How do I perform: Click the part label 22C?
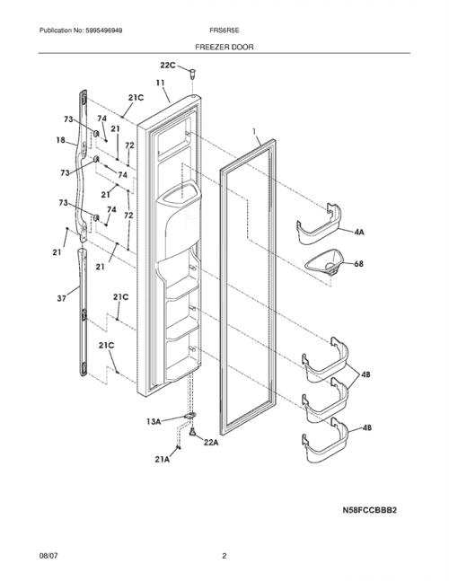(167, 66)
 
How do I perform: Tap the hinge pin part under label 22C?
(193, 74)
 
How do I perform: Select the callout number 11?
(160, 83)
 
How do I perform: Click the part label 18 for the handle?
(61, 140)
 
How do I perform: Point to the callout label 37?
(61, 298)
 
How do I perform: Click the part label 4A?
(359, 233)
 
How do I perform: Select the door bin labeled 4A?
(319, 224)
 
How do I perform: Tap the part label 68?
(358, 264)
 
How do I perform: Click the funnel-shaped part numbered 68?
(324, 262)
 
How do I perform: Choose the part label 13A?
(154, 421)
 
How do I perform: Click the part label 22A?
(211, 442)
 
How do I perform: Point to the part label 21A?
(163, 460)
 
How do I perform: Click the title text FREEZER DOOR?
(224, 47)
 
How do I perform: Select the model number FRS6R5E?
(224, 31)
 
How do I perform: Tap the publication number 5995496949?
(104, 31)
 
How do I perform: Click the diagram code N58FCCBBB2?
(369, 510)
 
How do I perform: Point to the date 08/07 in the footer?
(48, 556)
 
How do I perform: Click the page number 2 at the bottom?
(224, 556)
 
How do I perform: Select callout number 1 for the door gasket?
(254, 131)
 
